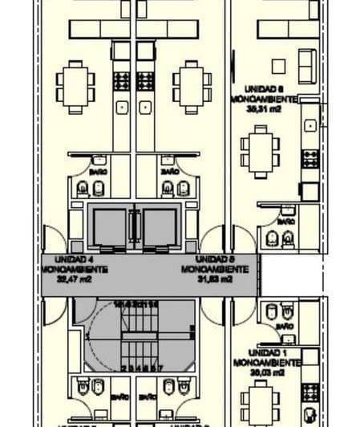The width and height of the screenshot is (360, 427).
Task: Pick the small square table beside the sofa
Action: [x=279, y=67]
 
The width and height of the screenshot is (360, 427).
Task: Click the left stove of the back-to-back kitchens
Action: [x=121, y=81]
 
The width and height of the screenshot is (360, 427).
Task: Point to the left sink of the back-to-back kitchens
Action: [x=122, y=107]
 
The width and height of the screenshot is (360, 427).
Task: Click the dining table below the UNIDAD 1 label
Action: [x=261, y=399]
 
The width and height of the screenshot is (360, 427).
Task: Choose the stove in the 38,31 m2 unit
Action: [x=309, y=157]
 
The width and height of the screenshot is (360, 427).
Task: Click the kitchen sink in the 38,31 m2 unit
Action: [x=310, y=125]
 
